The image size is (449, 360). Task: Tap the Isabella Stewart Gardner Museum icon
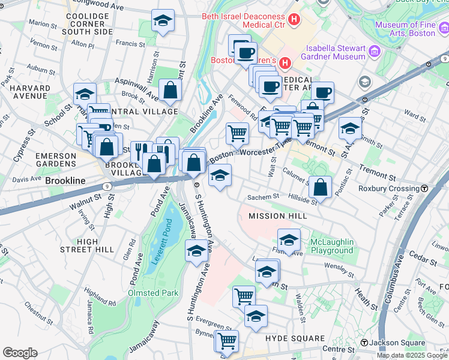375,52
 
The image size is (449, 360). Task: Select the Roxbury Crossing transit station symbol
424,188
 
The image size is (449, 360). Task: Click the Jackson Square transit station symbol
364,343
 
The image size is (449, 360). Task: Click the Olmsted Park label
152,293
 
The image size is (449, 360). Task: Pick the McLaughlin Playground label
331,246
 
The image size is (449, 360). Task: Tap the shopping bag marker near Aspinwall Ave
171,89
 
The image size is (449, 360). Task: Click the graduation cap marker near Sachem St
220,175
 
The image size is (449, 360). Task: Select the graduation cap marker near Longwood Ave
163,20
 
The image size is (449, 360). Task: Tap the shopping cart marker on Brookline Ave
238,133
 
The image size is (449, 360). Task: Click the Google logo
20,353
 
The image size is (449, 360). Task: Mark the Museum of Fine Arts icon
443,28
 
